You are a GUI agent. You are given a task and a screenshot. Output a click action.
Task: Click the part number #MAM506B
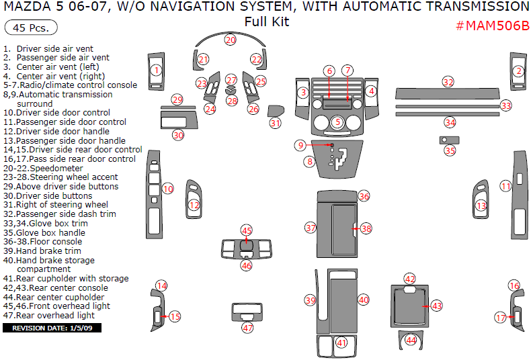[x=492, y=26]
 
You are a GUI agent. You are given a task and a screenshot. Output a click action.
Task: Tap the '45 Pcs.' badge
[x=30, y=28]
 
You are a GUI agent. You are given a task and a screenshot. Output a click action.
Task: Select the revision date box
[x=52, y=328]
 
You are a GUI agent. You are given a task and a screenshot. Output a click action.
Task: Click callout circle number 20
[x=231, y=40]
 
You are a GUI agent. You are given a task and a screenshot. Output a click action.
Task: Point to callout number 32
[x=448, y=81]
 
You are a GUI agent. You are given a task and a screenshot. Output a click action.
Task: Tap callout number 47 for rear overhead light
[x=247, y=328]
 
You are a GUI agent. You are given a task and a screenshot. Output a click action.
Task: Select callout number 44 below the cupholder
[x=410, y=341]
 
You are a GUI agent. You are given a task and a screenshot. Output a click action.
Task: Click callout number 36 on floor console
[x=364, y=196]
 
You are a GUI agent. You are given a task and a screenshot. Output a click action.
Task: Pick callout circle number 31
[x=275, y=123]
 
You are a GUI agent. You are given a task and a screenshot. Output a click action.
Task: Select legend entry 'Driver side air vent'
[x=57, y=49]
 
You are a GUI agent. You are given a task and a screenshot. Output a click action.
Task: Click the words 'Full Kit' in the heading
[x=266, y=21]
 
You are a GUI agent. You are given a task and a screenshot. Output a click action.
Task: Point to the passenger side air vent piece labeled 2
[x=518, y=71]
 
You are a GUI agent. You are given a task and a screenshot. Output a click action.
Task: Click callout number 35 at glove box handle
[x=450, y=150]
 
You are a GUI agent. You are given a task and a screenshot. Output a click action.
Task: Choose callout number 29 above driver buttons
[x=177, y=99]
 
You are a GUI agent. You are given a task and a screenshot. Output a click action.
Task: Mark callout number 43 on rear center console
[x=436, y=306]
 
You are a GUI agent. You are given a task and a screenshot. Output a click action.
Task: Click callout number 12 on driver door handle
[x=194, y=205]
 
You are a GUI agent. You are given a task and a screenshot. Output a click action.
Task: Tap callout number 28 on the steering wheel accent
[x=232, y=101]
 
